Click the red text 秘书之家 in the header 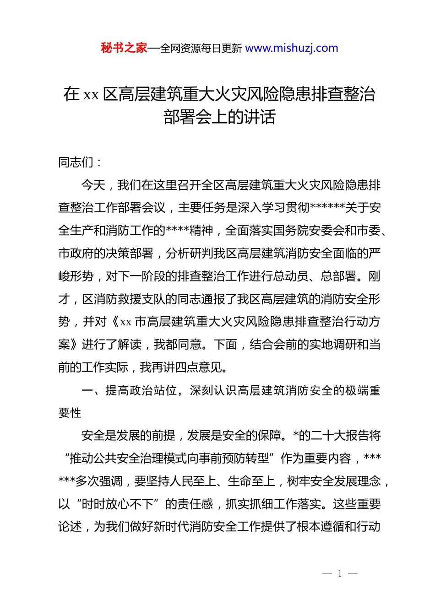pyautogui.click(x=124, y=48)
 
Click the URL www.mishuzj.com pyautogui.click(x=292, y=48)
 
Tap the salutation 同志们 pyautogui.click(x=76, y=162)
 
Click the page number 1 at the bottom pyautogui.click(x=340, y=574)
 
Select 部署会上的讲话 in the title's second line pyautogui.click(x=219, y=117)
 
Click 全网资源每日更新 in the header pyautogui.click(x=201, y=48)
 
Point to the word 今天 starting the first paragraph pyautogui.click(x=93, y=185)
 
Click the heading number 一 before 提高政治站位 pyautogui.click(x=87, y=390)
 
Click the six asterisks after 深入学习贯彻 pyautogui.click(x=327, y=208)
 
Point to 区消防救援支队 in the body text pyautogui.click(x=123, y=299)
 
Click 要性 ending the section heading pyautogui.click(x=70, y=413)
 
